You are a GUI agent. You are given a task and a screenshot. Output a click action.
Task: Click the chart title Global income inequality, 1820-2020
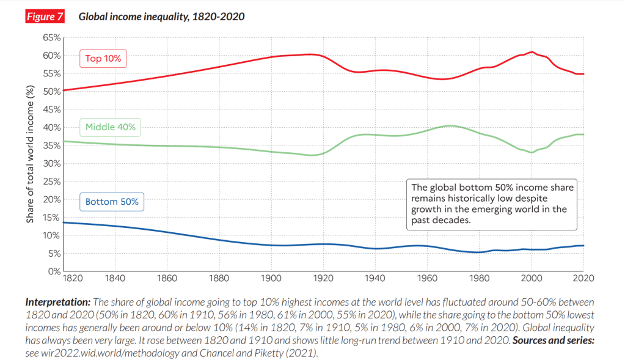click(x=161, y=17)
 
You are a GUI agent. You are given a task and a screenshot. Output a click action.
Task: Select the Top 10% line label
click(x=103, y=59)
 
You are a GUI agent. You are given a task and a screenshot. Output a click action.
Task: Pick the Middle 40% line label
click(x=110, y=128)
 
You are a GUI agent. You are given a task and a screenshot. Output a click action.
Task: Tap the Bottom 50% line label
click(x=112, y=201)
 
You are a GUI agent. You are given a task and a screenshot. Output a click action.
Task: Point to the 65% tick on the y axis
click(x=52, y=37)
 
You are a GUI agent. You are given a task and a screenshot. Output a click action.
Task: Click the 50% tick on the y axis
click(x=52, y=92)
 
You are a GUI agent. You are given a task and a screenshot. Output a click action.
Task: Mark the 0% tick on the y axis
click(x=54, y=271)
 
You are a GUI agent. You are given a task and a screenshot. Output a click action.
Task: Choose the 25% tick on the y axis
click(x=52, y=182)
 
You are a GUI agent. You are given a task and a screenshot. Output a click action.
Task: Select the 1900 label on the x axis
click(x=271, y=279)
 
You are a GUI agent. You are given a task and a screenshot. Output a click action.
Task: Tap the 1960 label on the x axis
click(x=427, y=279)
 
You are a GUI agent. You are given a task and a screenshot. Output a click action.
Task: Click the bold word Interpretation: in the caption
click(x=57, y=303)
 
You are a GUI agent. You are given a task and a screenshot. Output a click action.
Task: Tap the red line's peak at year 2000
click(x=532, y=53)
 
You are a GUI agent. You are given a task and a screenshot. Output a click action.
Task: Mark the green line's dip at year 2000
click(x=532, y=152)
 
